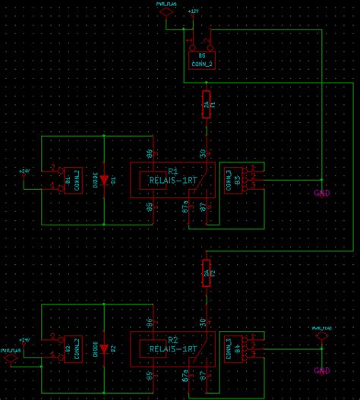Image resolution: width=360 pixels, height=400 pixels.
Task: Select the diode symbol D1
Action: [104, 181]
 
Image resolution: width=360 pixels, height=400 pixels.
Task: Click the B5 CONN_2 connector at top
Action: [202, 60]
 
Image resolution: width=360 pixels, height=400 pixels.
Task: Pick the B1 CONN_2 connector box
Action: [74, 181]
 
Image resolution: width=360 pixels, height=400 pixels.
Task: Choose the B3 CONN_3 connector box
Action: [231, 179]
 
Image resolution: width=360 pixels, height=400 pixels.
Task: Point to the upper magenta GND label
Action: [322, 193]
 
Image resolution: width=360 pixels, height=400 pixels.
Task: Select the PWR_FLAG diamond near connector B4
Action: [322, 335]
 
